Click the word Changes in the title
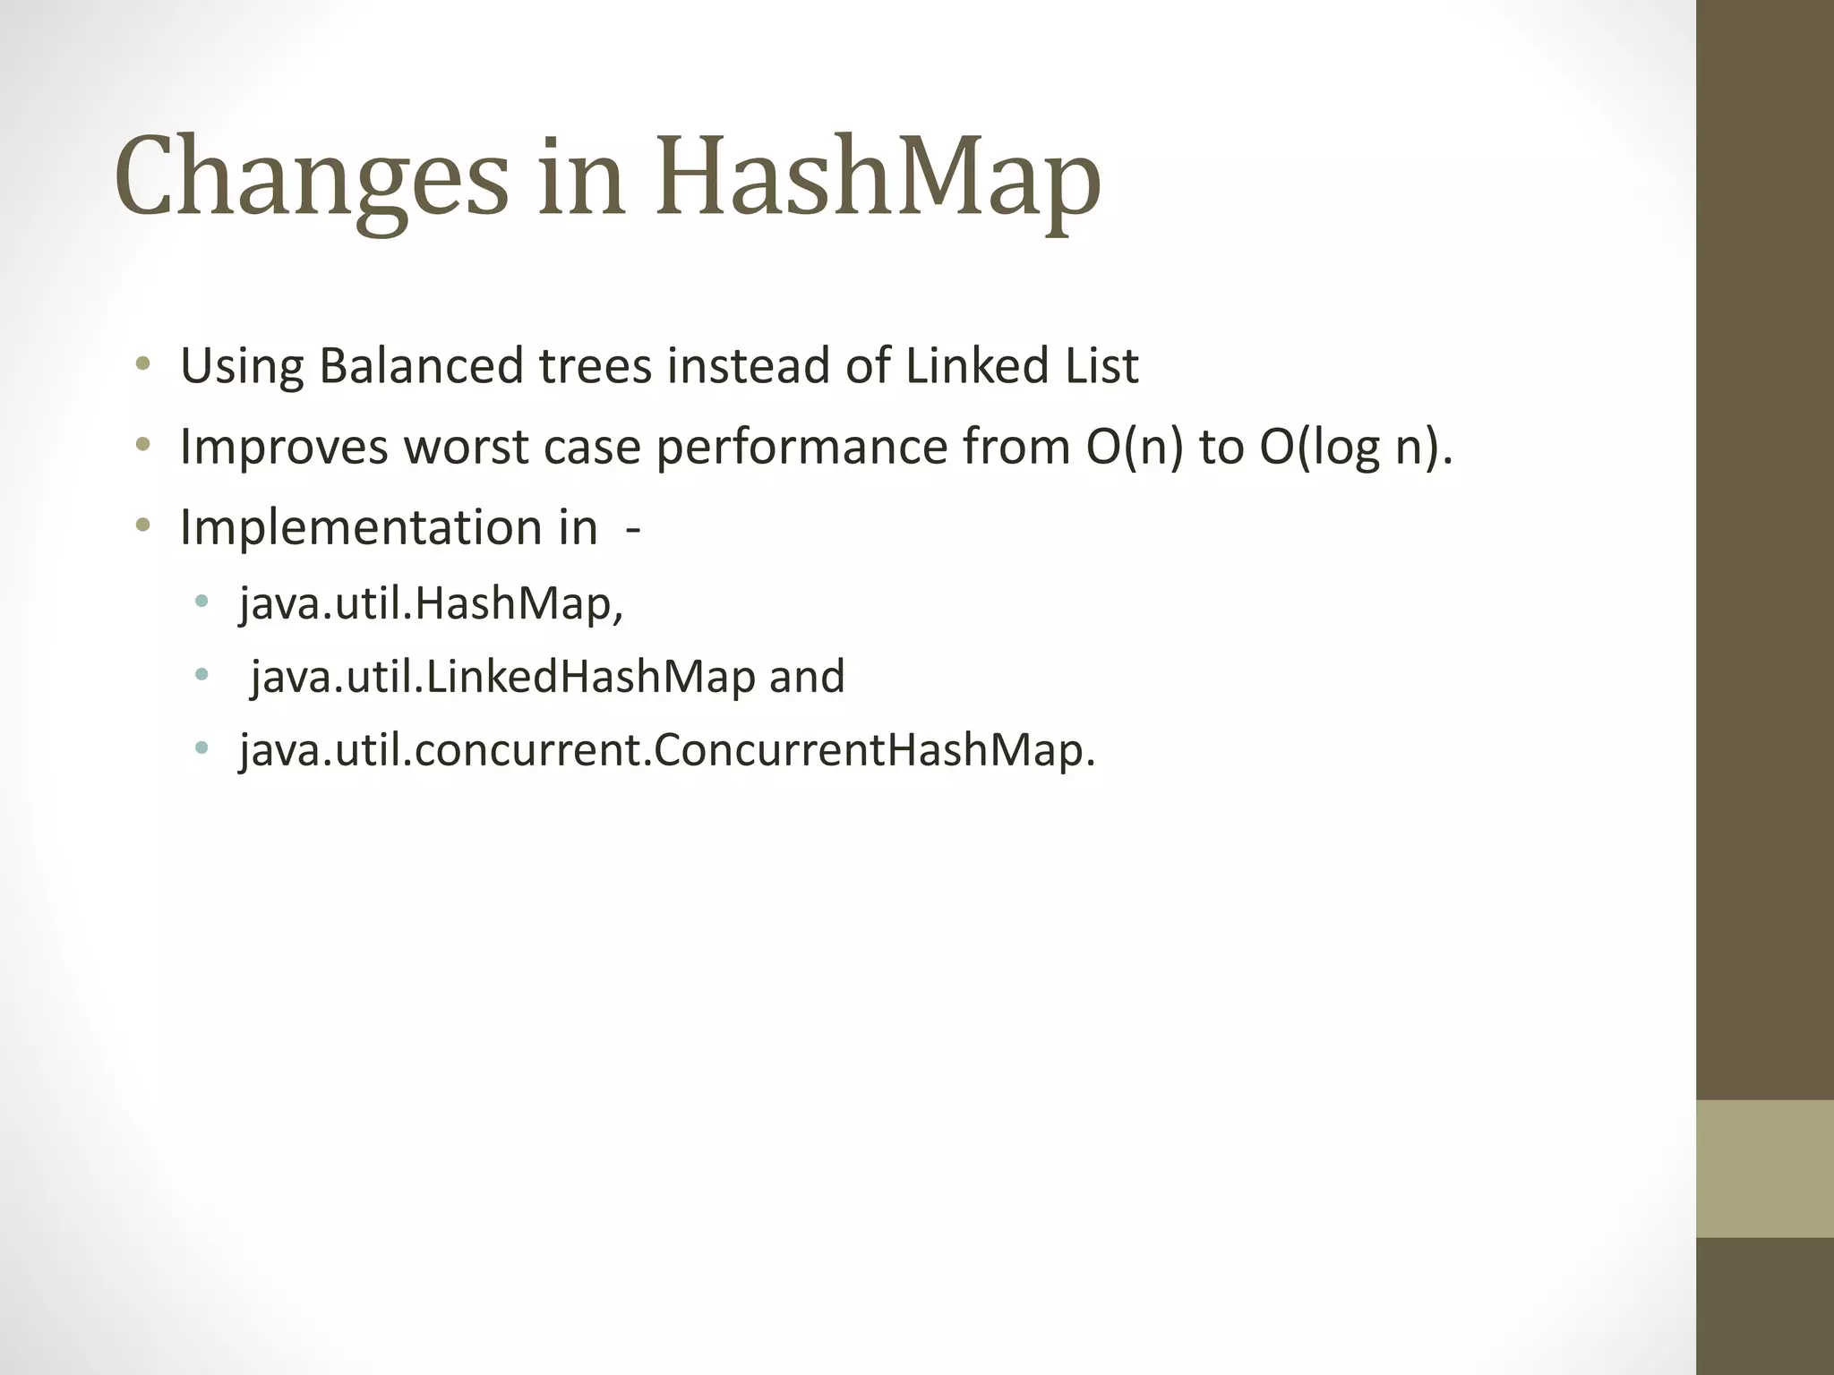(x=312, y=179)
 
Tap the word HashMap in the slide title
(x=878, y=179)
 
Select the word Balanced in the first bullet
(x=421, y=366)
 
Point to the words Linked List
(x=1021, y=366)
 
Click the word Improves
(x=284, y=447)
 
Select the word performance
(x=801, y=447)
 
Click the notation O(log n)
(x=1352, y=447)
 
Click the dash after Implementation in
(x=633, y=528)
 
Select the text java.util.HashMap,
(x=431, y=603)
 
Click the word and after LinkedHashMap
(x=807, y=677)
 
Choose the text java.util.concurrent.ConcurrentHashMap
(x=667, y=750)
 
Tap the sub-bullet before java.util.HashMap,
(x=201, y=601)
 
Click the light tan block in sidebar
(x=1764, y=1168)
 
